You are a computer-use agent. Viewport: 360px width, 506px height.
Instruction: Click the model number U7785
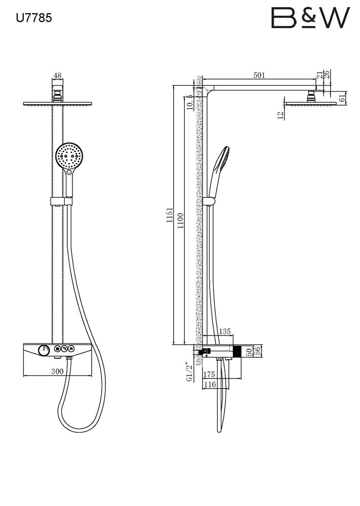[x=34, y=18]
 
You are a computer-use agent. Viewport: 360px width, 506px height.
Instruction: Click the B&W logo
[x=310, y=18]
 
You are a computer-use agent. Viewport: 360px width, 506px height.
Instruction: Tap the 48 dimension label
[x=58, y=75]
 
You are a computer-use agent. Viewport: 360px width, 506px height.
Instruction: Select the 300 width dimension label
[x=57, y=371]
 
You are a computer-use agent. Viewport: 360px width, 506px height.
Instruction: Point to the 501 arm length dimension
[x=259, y=75]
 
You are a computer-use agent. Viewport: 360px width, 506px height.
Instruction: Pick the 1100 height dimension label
[x=180, y=221]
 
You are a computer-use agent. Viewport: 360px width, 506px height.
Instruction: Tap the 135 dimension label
[x=225, y=331]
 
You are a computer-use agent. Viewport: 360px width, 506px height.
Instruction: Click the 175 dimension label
[x=209, y=374]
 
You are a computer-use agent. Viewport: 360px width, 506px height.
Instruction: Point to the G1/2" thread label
[x=189, y=372]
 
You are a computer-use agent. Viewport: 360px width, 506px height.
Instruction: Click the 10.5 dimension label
[x=190, y=102]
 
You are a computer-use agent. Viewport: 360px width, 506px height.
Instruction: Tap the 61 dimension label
[x=342, y=98]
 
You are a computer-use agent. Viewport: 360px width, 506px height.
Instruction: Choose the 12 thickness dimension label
[x=281, y=115]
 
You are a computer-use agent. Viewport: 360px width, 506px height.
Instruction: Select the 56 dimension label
[x=257, y=351]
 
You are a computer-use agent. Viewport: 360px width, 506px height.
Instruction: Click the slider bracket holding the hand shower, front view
[x=61, y=201]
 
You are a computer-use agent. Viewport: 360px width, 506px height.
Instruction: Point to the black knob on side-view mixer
[x=237, y=351]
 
